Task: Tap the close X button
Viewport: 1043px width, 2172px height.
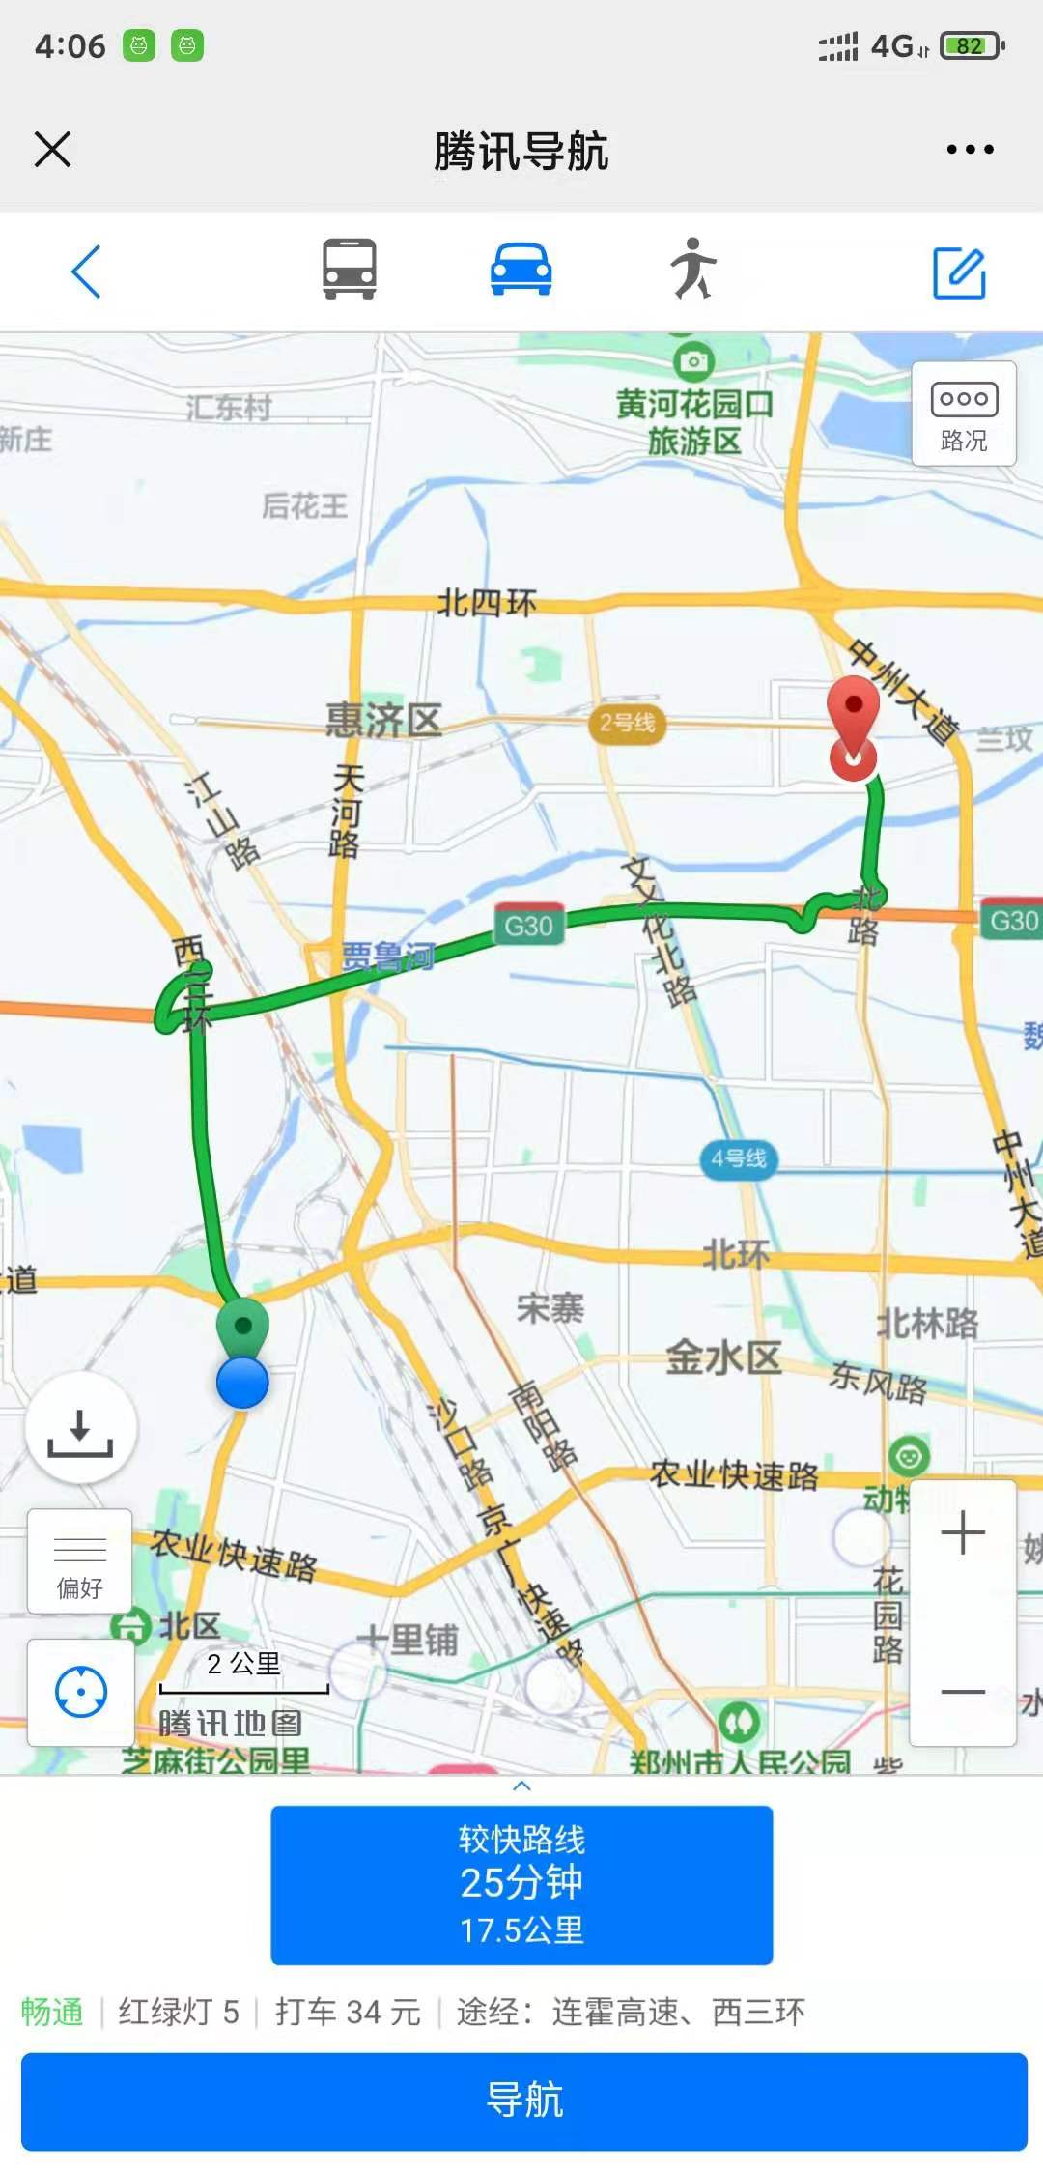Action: pyautogui.click(x=52, y=150)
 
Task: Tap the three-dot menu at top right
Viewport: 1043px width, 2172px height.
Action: pyautogui.click(x=970, y=150)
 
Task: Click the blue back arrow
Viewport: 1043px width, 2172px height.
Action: pyautogui.click(x=86, y=271)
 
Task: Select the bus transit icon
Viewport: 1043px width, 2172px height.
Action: pyautogui.click(x=349, y=270)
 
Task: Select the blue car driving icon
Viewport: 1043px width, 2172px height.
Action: pyautogui.click(x=521, y=270)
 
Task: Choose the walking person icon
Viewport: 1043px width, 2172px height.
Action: pyautogui.click(x=693, y=269)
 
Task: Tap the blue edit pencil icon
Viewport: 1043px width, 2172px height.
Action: pyautogui.click(x=959, y=272)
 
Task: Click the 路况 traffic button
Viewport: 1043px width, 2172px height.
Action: pyautogui.click(x=964, y=414)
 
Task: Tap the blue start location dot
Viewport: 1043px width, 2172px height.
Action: pyautogui.click(x=242, y=1383)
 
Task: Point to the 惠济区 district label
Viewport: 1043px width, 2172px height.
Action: pyautogui.click(x=383, y=721)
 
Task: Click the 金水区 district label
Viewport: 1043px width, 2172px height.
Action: pyautogui.click(x=723, y=1357)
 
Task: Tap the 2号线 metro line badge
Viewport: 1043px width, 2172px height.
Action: pyautogui.click(x=627, y=723)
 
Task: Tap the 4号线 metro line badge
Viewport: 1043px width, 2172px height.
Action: pyautogui.click(x=739, y=1157)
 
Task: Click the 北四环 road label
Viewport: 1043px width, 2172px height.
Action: pyautogui.click(x=488, y=604)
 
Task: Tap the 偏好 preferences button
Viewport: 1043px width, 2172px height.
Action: pyautogui.click(x=80, y=1561)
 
